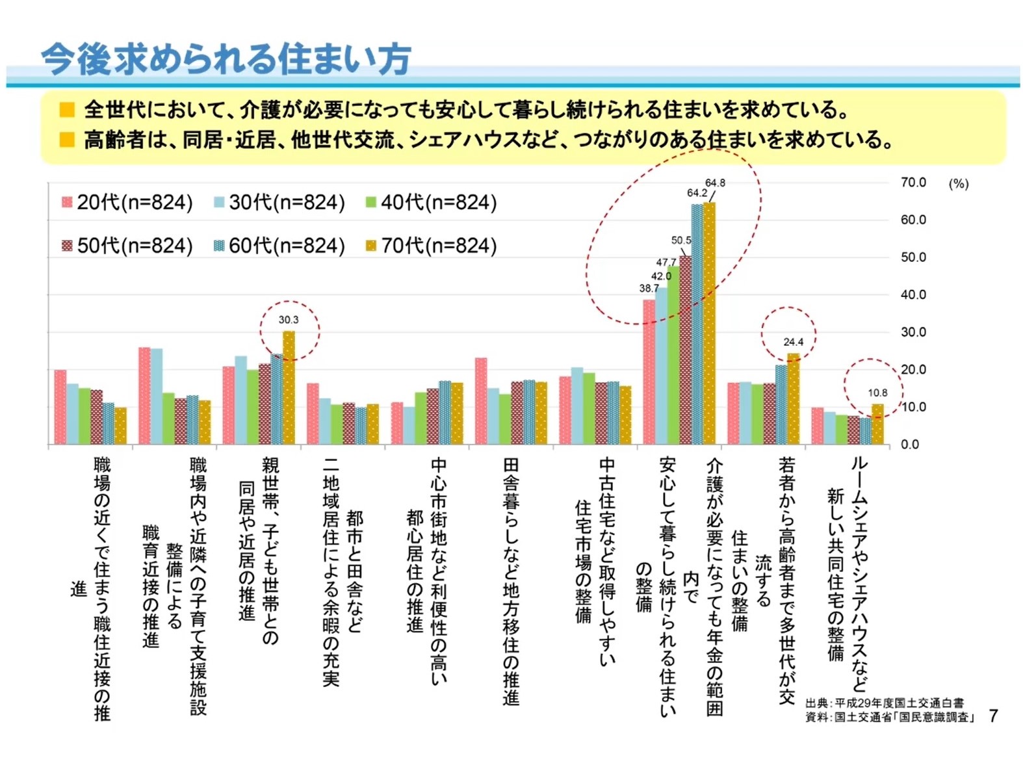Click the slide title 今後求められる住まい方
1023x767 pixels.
(226, 60)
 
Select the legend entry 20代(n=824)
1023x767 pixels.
(127, 203)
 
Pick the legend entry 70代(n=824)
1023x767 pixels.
(432, 246)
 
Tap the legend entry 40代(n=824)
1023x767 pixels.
(432, 203)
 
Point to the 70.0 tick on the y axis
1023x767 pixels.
(913, 183)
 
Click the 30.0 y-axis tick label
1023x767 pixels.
(913, 332)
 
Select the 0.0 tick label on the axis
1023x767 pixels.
(910, 445)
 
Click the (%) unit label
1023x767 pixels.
(958, 184)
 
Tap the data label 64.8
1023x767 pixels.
(715, 183)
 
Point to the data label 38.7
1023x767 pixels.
(649, 288)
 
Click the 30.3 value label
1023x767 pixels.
(289, 320)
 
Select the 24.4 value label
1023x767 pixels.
(793, 342)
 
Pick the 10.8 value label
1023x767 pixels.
(877, 393)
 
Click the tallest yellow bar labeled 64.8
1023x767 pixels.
(709, 325)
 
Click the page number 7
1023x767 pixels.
(993, 716)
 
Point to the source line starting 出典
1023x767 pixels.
(885, 703)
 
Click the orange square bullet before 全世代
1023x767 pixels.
(66, 110)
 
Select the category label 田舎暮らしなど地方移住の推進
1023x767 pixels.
(511, 582)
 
